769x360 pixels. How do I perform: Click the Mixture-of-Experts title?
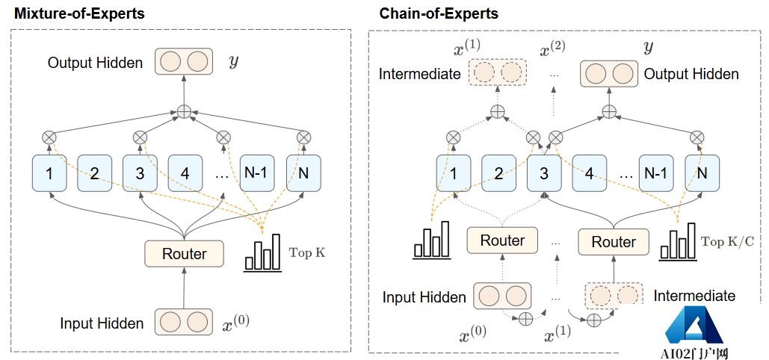click(78, 13)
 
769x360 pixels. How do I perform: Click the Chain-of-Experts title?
click(439, 13)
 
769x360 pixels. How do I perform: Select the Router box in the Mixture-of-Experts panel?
click(185, 254)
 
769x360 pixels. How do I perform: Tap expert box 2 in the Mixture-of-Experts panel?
click(94, 174)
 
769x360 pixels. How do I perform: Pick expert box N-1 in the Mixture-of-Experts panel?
click(256, 174)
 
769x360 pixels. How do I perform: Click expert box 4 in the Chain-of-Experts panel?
click(590, 174)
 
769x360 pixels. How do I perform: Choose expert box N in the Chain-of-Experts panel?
click(701, 174)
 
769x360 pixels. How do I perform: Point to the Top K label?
click(307, 252)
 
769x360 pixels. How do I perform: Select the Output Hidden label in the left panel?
click(95, 63)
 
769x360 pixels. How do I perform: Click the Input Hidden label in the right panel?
click(424, 297)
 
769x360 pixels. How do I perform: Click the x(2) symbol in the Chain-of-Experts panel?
click(552, 49)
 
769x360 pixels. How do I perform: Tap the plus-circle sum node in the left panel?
click(184, 112)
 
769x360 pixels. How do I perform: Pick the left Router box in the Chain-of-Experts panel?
click(502, 240)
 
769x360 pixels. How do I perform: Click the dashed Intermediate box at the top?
click(498, 73)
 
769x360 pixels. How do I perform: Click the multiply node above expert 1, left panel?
click(49, 137)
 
